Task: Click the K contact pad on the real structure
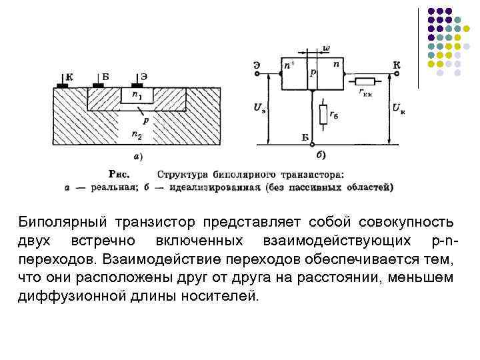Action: (x=63, y=86)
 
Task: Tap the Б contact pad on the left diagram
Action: (x=99, y=86)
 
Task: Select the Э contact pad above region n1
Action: (x=139, y=86)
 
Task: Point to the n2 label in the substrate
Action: (x=137, y=135)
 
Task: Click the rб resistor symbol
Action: (x=324, y=115)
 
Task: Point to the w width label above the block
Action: (x=326, y=49)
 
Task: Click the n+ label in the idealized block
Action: (x=289, y=65)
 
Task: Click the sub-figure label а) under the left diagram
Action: (x=137, y=157)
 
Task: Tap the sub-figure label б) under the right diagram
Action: (x=321, y=156)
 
